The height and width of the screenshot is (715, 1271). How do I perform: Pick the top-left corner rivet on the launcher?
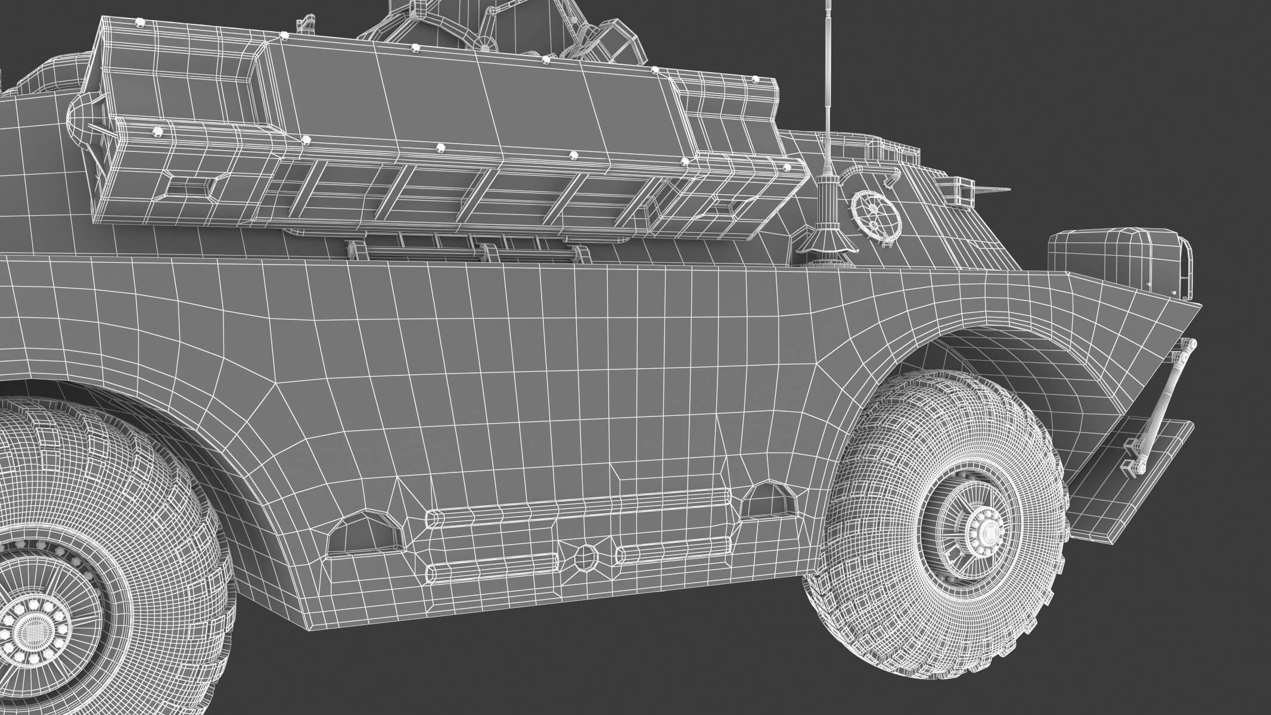(x=140, y=22)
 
